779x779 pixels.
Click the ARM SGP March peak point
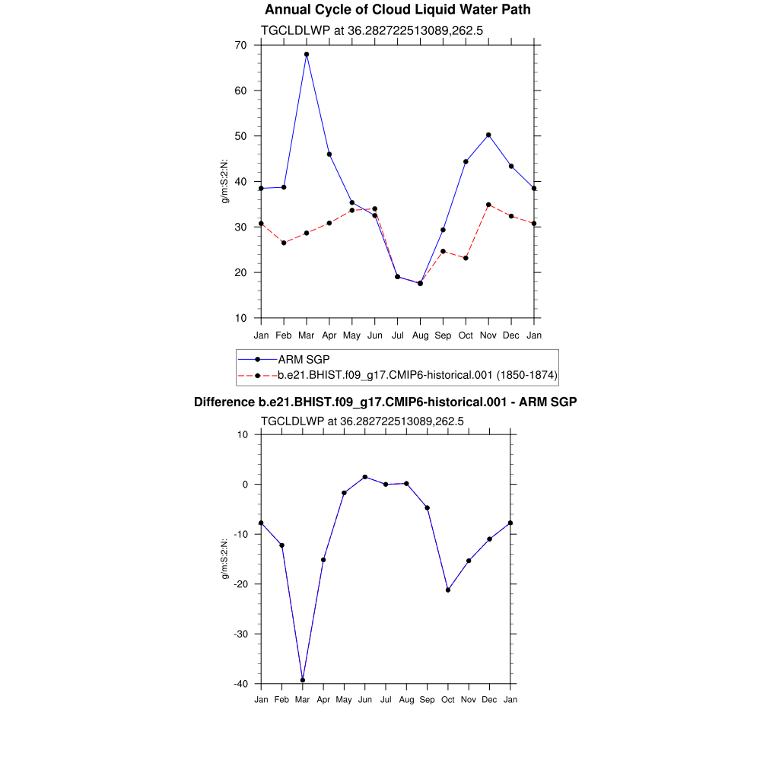(307, 54)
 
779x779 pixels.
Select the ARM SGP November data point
(488, 135)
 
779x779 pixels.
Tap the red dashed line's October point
(466, 258)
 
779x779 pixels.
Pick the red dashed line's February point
(284, 243)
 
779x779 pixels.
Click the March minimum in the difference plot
(303, 680)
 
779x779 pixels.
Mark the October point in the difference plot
(448, 590)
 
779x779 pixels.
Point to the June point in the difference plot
(365, 477)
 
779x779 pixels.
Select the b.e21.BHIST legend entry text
(418, 375)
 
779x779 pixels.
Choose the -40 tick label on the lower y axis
(240, 684)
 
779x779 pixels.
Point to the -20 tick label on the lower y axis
(240, 584)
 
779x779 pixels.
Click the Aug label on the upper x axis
(420, 335)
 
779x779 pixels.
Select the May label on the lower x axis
(344, 699)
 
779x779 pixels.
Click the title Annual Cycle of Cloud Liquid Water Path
(398, 10)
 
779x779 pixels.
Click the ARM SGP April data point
(329, 154)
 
